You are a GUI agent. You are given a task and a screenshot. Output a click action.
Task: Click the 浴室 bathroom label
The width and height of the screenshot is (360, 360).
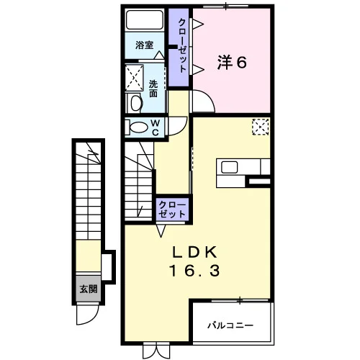pos(144,45)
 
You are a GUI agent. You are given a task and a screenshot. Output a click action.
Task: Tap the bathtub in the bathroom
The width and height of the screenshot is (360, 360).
pos(145,19)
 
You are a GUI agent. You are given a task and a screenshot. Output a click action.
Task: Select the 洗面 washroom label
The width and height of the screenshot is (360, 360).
pos(153,89)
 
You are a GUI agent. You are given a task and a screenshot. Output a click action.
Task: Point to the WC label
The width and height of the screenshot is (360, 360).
pos(156,127)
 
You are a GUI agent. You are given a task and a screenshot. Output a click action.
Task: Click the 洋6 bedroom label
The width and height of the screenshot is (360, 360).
pos(232,62)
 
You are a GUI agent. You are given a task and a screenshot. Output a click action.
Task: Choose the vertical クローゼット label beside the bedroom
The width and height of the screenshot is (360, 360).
pos(182,45)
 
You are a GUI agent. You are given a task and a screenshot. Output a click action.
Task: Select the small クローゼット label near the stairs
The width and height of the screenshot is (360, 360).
pos(172,210)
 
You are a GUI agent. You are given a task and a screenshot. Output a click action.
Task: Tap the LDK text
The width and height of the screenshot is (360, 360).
pos(194,253)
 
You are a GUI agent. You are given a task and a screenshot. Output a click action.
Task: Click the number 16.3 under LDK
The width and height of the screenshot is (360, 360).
pos(194,271)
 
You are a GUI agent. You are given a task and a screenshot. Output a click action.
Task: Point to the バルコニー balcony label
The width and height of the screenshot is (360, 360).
pos(230,325)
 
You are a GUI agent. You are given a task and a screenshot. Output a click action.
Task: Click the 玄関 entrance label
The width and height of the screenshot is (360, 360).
pos(89,289)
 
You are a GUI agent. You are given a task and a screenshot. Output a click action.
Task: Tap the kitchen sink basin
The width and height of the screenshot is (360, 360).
pos(230,167)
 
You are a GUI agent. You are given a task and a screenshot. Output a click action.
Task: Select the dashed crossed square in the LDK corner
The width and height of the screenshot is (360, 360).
pos(261,127)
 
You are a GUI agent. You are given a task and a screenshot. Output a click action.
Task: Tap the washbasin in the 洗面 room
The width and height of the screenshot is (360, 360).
pos(135,103)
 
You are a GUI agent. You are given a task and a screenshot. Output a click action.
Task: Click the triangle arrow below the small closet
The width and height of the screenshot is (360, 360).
pos(161,230)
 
